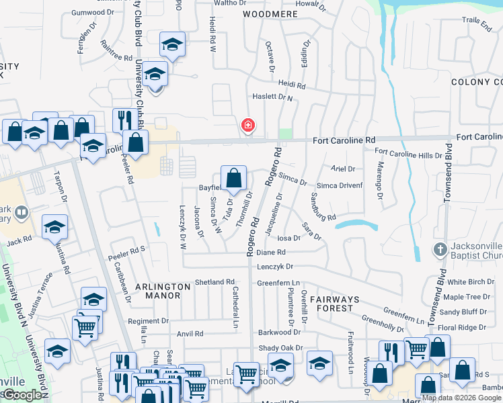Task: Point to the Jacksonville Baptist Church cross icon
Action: click(x=440, y=249)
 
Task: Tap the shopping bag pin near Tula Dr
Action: click(x=233, y=179)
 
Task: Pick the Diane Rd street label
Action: click(x=272, y=253)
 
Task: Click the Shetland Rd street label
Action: click(x=215, y=282)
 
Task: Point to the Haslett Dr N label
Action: click(x=272, y=97)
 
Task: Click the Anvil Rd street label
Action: click(x=190, y=333)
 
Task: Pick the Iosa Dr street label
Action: click(x=288, y=238)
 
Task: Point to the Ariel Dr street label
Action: click(x=343, y=169)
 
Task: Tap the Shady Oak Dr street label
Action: click(x=280, y=348)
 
